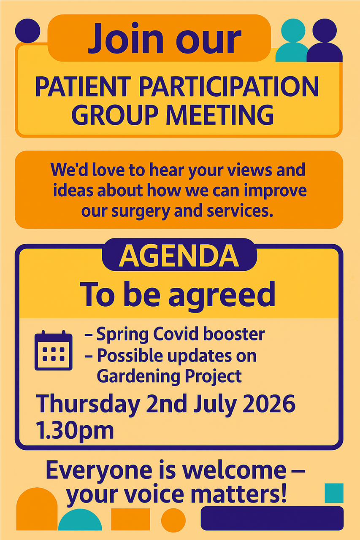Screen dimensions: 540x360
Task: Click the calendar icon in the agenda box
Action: point(53,351)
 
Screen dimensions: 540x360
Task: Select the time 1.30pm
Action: point(75,430)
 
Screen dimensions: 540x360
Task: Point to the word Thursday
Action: point(88,404)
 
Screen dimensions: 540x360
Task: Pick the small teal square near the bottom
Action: point(334,493)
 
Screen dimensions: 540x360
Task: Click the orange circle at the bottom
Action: point(173,520)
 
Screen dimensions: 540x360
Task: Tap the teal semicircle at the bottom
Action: point(80,521)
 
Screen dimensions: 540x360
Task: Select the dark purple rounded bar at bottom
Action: point(272,518)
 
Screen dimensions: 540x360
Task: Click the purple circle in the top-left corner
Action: point(27,31)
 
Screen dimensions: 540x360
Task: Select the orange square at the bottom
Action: point(130,519)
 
